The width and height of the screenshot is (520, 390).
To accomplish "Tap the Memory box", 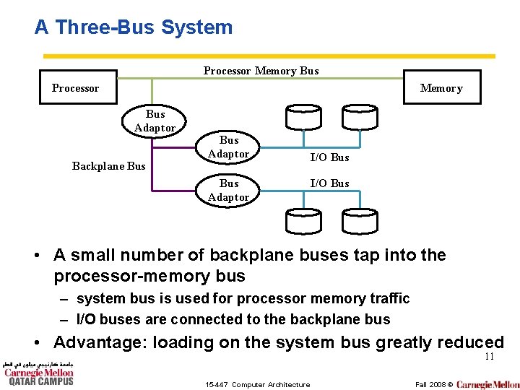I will [x=441, y=88].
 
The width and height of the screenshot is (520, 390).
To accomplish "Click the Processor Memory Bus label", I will [x=261, y=71].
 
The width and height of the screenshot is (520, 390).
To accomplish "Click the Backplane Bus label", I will [x=108, y=166].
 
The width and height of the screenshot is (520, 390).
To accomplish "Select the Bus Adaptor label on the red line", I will [x=228, y=147].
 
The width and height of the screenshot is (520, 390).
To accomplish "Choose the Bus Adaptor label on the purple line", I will [x=228, y=191].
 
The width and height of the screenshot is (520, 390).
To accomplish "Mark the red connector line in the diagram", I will [x=173, y=145].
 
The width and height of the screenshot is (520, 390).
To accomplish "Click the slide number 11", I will [x=489, y=357].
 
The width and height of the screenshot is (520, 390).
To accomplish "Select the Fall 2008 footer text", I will [x=430, y=384].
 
